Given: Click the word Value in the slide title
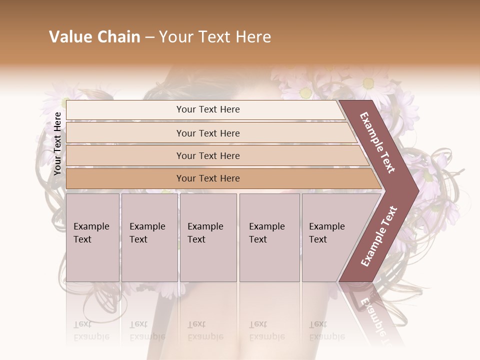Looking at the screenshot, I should pos(69,37).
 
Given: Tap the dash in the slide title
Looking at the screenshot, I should pos(149,37).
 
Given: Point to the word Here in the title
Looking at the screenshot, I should pos(253,37).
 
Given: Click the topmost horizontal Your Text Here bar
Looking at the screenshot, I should pos(207,109).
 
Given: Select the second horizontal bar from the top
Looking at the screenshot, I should pos(207,133).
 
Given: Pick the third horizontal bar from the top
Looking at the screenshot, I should pos(207,155).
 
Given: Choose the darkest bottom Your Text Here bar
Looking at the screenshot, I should pos(207,178).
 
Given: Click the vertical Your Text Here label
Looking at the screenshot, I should pos(57,144).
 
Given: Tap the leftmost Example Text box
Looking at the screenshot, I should pos(92,237).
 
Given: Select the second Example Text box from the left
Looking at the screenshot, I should pos(149,237).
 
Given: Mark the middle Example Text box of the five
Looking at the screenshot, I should pos(208,237).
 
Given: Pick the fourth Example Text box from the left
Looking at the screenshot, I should pos(269,237).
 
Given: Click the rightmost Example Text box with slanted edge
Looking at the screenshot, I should pos(330,237).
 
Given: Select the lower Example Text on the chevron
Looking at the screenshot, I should pos(378,236).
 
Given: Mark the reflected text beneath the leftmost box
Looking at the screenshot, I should pos(91,330).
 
